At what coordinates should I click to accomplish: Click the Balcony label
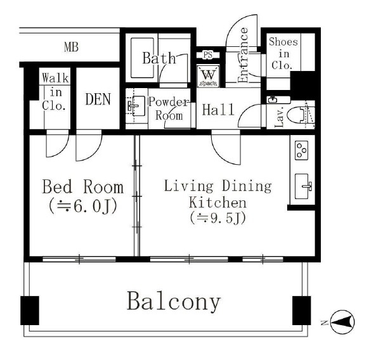(x=173, y=301)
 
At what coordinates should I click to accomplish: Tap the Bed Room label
(x=83, y=187)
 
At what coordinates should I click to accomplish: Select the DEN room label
(x=98, y=100)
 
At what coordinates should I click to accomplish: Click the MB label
(x=71, y=47)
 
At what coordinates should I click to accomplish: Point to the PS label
(x=208, y=55)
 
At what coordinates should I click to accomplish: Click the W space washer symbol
(x=208, y=75)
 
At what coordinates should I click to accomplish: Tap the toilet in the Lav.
(x=301, y=115)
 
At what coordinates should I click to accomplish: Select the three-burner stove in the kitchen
(x=302, y=150)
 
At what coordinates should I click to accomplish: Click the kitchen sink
(x=302, y=186)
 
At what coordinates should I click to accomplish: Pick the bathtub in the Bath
(x=142, y=58)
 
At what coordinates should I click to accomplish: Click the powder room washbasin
(x=136, y=106)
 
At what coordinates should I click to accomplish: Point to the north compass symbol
(x=342, y=322)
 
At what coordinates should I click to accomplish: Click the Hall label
(x=218, y=110)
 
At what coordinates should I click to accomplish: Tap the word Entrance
(x=243, y=55)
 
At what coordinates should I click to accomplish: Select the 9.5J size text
(x=217, y=219)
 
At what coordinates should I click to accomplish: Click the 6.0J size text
(x=83, y=206)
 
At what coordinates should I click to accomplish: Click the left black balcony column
(x=30, y=311)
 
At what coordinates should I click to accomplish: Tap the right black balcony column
(x=302, y=311)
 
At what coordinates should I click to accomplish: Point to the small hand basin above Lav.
(x=273, y=100)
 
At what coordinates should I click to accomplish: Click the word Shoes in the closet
(x=283, y=42)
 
